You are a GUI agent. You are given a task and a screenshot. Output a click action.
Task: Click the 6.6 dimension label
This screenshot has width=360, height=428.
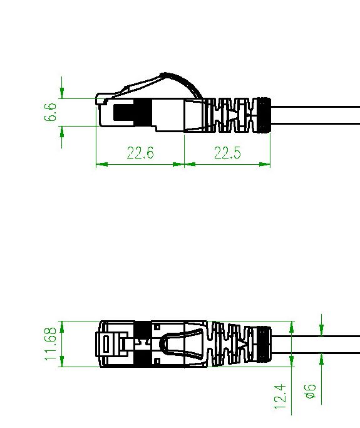click(x=51, y=112)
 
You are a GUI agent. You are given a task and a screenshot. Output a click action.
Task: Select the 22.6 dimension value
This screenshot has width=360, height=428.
click(x=140, y=152)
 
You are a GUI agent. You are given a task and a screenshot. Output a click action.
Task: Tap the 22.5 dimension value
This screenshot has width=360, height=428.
click(x=227, y=152)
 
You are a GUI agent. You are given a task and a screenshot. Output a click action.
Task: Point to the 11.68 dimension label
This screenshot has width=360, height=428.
click(x=51, y=344)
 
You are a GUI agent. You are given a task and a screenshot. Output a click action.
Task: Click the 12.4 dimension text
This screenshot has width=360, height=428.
click(x=280, y=397)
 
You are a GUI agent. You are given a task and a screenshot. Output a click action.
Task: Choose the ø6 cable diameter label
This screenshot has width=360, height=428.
click(x=311, y=392)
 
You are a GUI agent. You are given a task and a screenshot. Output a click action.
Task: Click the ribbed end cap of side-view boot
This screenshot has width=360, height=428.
click(x=264, y=115)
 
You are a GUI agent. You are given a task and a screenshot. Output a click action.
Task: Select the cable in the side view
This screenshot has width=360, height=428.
click(x=316, y=115)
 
